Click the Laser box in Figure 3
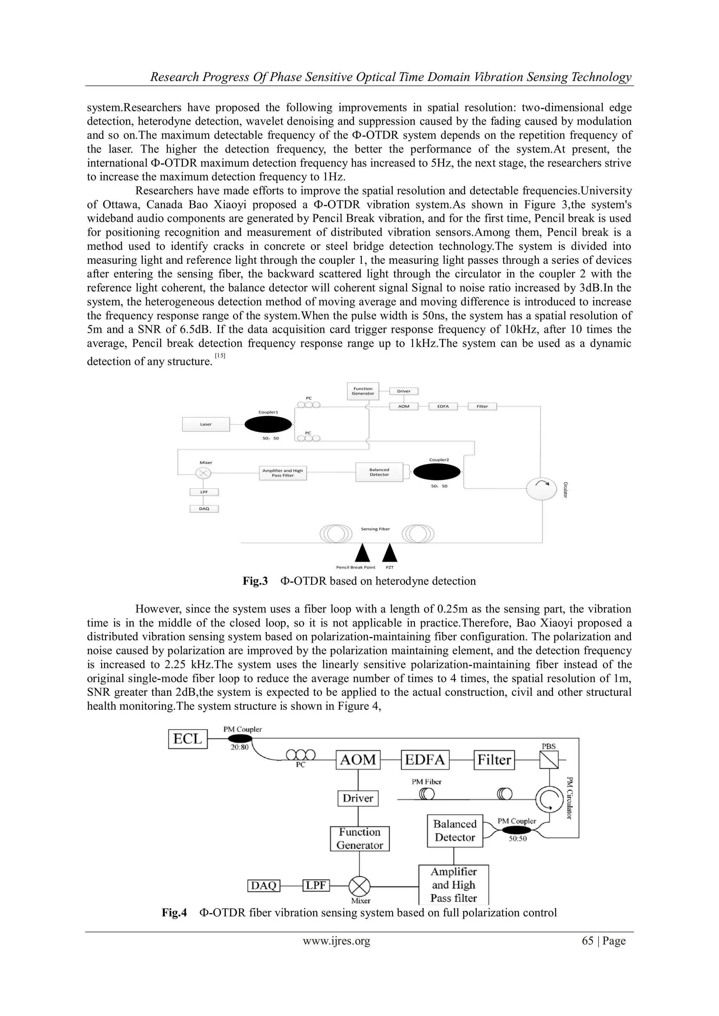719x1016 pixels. [x=206, y=425]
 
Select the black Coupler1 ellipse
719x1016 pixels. [x=268, y=425]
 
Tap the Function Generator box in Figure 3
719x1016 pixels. [x=363, y=391]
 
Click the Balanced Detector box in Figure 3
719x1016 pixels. [x=379, y=472]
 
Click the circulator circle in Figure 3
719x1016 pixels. [x=541, y=488]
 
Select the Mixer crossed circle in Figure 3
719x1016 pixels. [x=203, y=473]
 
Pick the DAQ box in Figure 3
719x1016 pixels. [x=204, y=509]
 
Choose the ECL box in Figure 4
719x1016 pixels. [x=188, y=739]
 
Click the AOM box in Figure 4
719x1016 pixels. [x=358, y=760]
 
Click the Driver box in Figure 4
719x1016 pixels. [x=358, y=798]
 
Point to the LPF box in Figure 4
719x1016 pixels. [x=316, y=885]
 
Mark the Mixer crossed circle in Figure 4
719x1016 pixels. [x=359, y=886]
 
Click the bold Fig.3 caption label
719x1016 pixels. [x=256, y=581]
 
